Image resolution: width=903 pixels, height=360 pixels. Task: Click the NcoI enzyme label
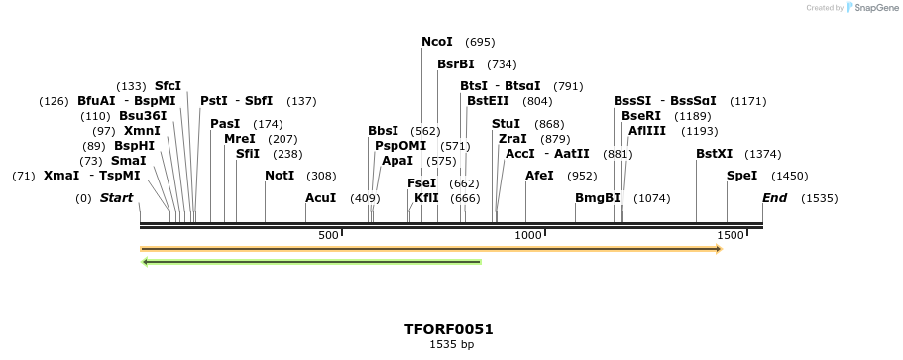point(436,42)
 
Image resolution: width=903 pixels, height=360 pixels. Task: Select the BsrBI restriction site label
point(455,64)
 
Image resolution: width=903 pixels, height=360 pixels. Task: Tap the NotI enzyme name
point(280,176)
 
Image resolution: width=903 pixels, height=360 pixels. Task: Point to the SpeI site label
point(741,176)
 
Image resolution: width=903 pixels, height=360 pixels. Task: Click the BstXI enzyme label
point(714,154)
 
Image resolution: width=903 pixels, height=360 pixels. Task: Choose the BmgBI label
point(598,198)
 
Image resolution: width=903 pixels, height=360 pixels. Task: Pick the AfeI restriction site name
point(539,176)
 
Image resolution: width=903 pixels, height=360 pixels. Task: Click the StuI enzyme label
point(506,124)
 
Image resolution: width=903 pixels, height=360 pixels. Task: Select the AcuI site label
point(320,198)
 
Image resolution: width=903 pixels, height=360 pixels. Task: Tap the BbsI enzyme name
point(383,131)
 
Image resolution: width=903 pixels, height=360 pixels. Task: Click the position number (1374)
point(763,154)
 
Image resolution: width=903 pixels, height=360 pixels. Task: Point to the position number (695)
point(480,42)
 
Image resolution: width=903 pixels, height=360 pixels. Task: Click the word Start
point(116,198)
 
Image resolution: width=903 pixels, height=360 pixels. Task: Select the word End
point(774,198)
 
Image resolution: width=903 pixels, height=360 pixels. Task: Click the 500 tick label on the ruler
point(328,235)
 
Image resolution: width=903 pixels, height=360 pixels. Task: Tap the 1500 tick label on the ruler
point(730,235)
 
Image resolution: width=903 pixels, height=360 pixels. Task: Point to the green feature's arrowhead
point(146,262)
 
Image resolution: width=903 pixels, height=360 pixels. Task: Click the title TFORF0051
point(448,329)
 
